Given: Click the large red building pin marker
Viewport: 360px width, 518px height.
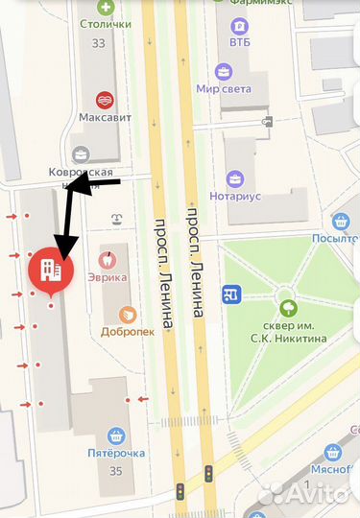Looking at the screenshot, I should coord(51,271).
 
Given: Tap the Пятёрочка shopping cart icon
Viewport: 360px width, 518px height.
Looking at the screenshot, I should coord(116,436).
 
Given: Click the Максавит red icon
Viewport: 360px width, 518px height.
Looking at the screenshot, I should coord(105,99).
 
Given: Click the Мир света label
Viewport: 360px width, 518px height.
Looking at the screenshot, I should coord(224,89).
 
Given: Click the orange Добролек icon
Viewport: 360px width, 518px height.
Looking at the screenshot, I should coord(126,316).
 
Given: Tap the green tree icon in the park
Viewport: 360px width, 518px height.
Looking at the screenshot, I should coord(287,308).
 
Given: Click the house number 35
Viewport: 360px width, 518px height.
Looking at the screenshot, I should coord(116,470).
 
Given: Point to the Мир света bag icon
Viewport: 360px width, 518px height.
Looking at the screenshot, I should coord(224,71).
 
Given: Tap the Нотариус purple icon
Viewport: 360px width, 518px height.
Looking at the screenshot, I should coord(235,178).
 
